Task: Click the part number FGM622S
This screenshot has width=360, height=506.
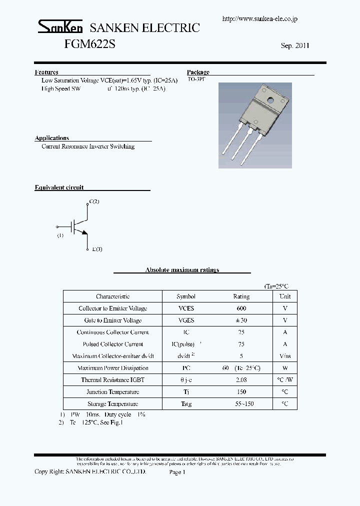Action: (x=90, y=44)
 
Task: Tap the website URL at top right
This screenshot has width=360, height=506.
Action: (x=260, y=18)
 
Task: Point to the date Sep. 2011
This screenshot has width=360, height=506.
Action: (x=295, y=45)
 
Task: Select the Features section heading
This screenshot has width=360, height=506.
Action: (x=46, y=72)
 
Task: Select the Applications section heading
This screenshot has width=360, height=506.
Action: (x=52, y=138)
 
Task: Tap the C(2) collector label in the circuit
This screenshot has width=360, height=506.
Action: (x=94, y=201)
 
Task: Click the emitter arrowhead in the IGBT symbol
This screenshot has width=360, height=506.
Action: (x=84, y=231)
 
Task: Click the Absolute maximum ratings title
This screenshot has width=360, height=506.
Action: (x=182, y=270)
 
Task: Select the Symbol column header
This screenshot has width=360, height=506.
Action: (x=186, y=296)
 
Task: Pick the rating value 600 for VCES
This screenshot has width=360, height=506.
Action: (x=241, y=308)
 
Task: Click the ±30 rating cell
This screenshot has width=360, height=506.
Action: (x=241, y=320)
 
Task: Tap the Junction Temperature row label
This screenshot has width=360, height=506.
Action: (x=112, y=392)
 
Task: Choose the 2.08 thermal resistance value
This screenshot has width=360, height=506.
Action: (x=241, y=380)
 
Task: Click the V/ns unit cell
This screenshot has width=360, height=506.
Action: (x=285, y=356)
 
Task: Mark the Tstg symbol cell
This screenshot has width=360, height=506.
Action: (x=186, y=404)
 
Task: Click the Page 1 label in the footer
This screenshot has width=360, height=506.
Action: (x=177, y=472)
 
